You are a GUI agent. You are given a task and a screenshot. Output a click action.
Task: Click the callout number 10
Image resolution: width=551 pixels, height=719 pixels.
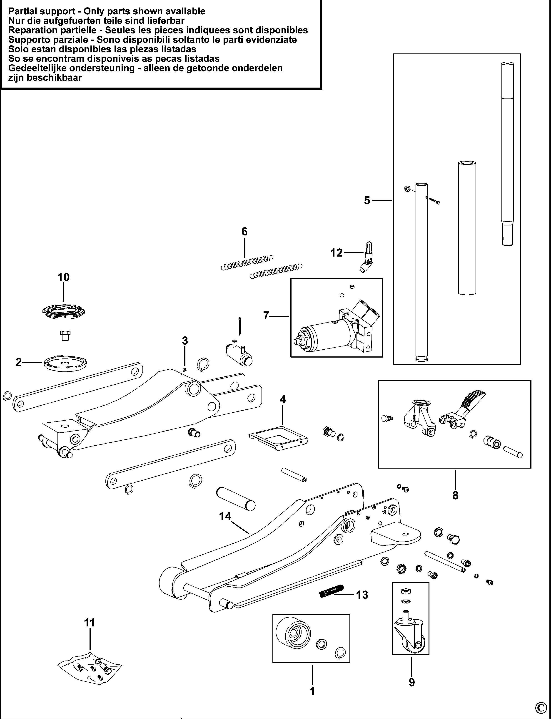pyautogui.click(x=64, y=277)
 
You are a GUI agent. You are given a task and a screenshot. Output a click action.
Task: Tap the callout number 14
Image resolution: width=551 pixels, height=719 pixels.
pyautogui.click(x=225, y=516)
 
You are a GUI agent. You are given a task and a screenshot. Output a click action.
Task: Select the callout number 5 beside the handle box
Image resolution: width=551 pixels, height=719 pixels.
pyautogui.click(x=367, y=200)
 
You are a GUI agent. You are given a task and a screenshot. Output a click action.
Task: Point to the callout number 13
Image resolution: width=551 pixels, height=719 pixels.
pyautogui.click(x=362, y=595)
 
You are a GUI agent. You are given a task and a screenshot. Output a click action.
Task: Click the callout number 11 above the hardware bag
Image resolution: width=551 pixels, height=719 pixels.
pyautogui.click(x=90, y=623)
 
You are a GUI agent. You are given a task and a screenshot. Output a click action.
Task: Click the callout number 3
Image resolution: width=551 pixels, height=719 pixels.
pyautogui.click(x=185, y=341)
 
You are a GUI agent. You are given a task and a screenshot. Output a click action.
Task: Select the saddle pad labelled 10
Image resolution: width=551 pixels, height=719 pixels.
pyautogui.click(x=64, y=311)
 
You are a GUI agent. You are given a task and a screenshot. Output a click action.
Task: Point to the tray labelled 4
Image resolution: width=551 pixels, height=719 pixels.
pyautogui.click(x=278, y=438)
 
